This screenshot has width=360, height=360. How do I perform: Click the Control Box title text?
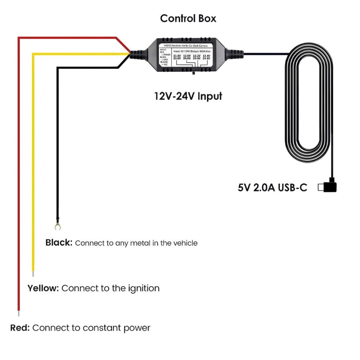tap(188, 18)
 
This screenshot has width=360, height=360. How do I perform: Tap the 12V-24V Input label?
tap(188, 96)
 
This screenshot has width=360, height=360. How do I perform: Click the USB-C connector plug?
tap(329, 187)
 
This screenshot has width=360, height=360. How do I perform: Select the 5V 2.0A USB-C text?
tap(273, 188)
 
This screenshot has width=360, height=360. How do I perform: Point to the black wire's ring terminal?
tap(57, 226)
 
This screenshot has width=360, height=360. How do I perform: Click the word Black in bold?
tap(59, 243)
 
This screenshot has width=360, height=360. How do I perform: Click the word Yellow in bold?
tap(44, 288)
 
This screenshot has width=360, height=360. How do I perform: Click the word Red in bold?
tap(20, 328)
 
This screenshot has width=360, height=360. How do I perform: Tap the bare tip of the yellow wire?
tap(33, 274)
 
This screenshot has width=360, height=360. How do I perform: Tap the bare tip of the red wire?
tap(19, 313)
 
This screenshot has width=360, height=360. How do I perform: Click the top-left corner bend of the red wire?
tap(19, 37)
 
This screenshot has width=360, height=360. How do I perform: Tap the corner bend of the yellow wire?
tap(33, 54)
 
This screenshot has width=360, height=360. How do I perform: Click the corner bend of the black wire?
tap(57, 67)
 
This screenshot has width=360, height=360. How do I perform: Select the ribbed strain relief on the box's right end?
tap(235, 54)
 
